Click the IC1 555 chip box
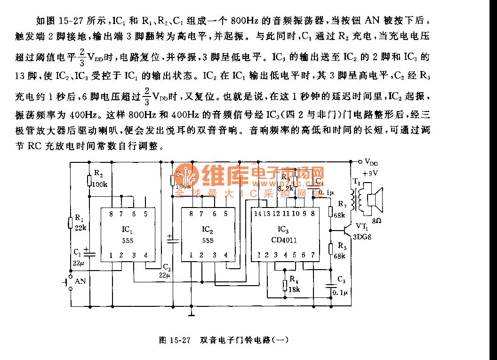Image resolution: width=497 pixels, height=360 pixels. [x=128, y=234]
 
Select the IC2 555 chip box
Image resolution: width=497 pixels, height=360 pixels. [x=208, y=234]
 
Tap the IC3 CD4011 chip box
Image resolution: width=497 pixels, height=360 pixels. [x=282, y=234]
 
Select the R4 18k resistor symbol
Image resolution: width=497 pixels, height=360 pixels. [x=285, y=285]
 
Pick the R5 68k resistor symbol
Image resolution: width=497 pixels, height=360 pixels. [x=331, y=248]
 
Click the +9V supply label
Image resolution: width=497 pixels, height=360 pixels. [x=370, y=173]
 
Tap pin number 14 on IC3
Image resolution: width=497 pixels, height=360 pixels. [x=257, y=213]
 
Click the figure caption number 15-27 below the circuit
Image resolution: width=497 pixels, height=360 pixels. [x=181, y=339]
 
